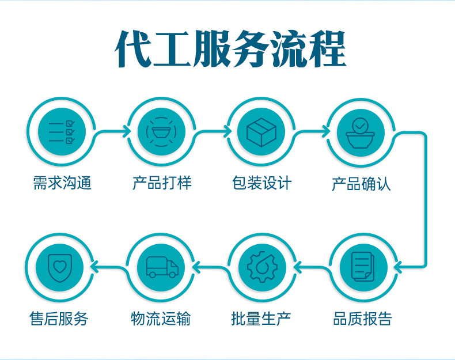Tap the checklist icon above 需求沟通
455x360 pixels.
(x=61, y=132)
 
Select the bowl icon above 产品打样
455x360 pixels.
(x=161, y=132)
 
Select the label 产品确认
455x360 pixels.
(x=361, y=184)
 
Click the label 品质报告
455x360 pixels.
(x=362, y=319)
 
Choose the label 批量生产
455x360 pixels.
(x=261, y=319)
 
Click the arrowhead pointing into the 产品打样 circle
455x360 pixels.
(x=126, y=132)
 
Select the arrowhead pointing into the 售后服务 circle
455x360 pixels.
(x=96, y=267)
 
